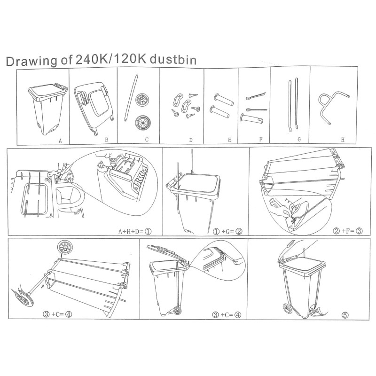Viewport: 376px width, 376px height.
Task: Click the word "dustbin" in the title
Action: coord(173,60)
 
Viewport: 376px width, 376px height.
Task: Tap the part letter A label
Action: coord(60,141)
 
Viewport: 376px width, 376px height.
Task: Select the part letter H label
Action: coord(343,140)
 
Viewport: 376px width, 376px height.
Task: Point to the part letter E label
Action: coord(229,140)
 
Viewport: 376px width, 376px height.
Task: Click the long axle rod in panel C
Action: coord(131,98)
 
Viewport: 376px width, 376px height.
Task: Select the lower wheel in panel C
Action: coord(142,122)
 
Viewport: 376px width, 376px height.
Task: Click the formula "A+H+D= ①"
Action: coord(135,231)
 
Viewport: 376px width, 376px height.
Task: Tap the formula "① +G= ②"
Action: coord(227,231)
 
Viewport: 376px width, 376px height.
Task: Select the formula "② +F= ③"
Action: coord(348,231)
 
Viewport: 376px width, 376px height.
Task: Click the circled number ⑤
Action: coord(345,315)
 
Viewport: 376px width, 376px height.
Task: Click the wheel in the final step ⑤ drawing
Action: coord(287,308)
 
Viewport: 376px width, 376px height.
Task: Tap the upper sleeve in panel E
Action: coord(224,100)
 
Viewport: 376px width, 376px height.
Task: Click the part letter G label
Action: coord(299,139)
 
